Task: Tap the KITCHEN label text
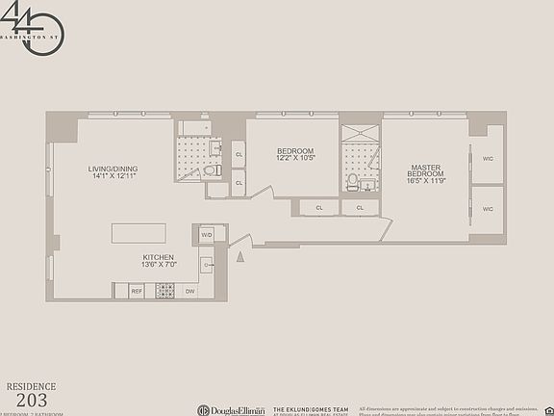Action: click(158, 257)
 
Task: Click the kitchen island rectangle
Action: click(138, 234)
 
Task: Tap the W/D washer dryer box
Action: click(207, 234)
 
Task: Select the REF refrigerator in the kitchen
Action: click(136, 290)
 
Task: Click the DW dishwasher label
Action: click(189, 290)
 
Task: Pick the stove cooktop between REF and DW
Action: click(164, 290)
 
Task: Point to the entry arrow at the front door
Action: click(240, 254)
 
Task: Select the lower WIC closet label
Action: click(487, 209)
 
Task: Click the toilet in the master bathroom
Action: click(353, 180)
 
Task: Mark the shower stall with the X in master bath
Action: click(360, 136)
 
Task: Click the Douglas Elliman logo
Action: click(231, 408)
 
